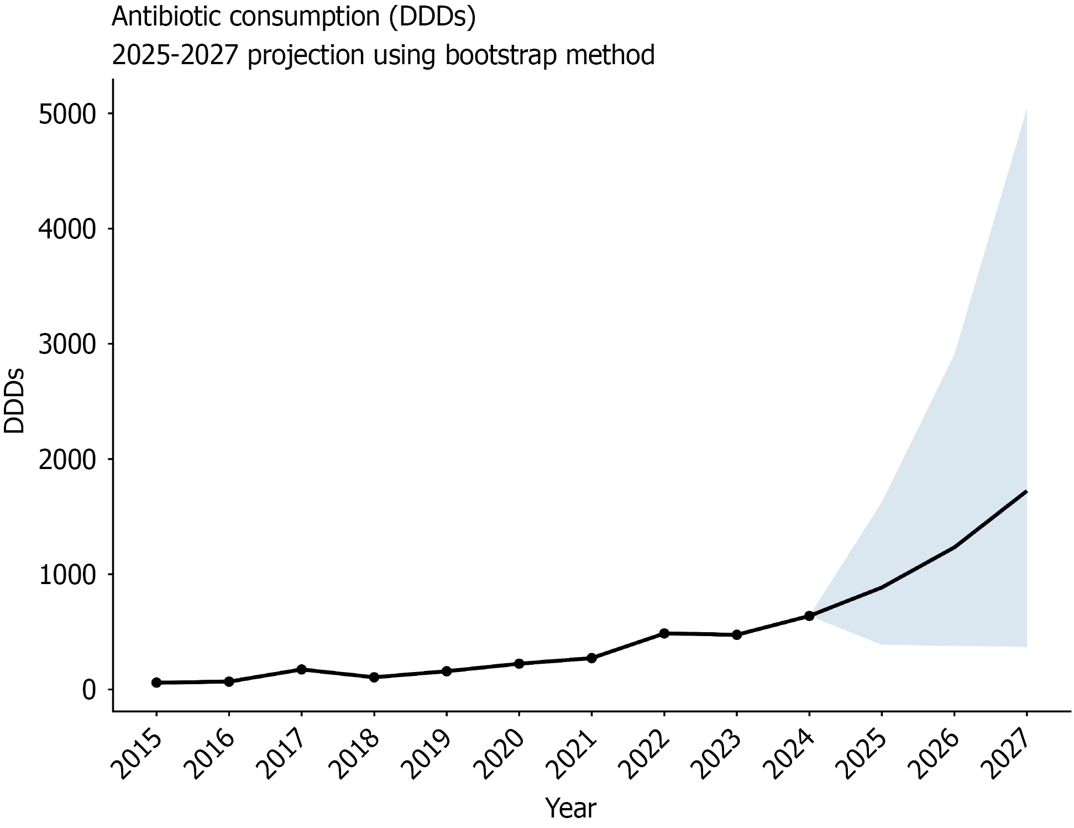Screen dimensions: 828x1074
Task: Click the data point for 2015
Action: click(x=156, y=683)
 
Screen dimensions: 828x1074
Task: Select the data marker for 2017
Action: click(x=301, y=669)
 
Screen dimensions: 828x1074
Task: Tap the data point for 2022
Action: click(x=664, y=633)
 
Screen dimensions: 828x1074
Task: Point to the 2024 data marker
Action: click(x=809, y=616)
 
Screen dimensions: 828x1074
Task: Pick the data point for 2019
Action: click(x=447, y=671)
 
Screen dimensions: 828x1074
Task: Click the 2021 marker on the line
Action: click(x=591, y=658)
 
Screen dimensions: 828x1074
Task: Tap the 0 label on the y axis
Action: click(x=88, y=690)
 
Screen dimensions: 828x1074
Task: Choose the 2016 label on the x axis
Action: click(x=213, y=755)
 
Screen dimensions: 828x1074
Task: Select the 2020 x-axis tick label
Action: click(x=503, y=755)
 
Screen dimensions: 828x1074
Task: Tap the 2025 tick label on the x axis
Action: click(x=866, y=755)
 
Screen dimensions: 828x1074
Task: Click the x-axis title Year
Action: click(x=571, y=809)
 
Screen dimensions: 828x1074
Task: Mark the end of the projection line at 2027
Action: click(x=1026, y=491)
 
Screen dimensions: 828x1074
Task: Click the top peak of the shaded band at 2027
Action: click(x=1026, y=110)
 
